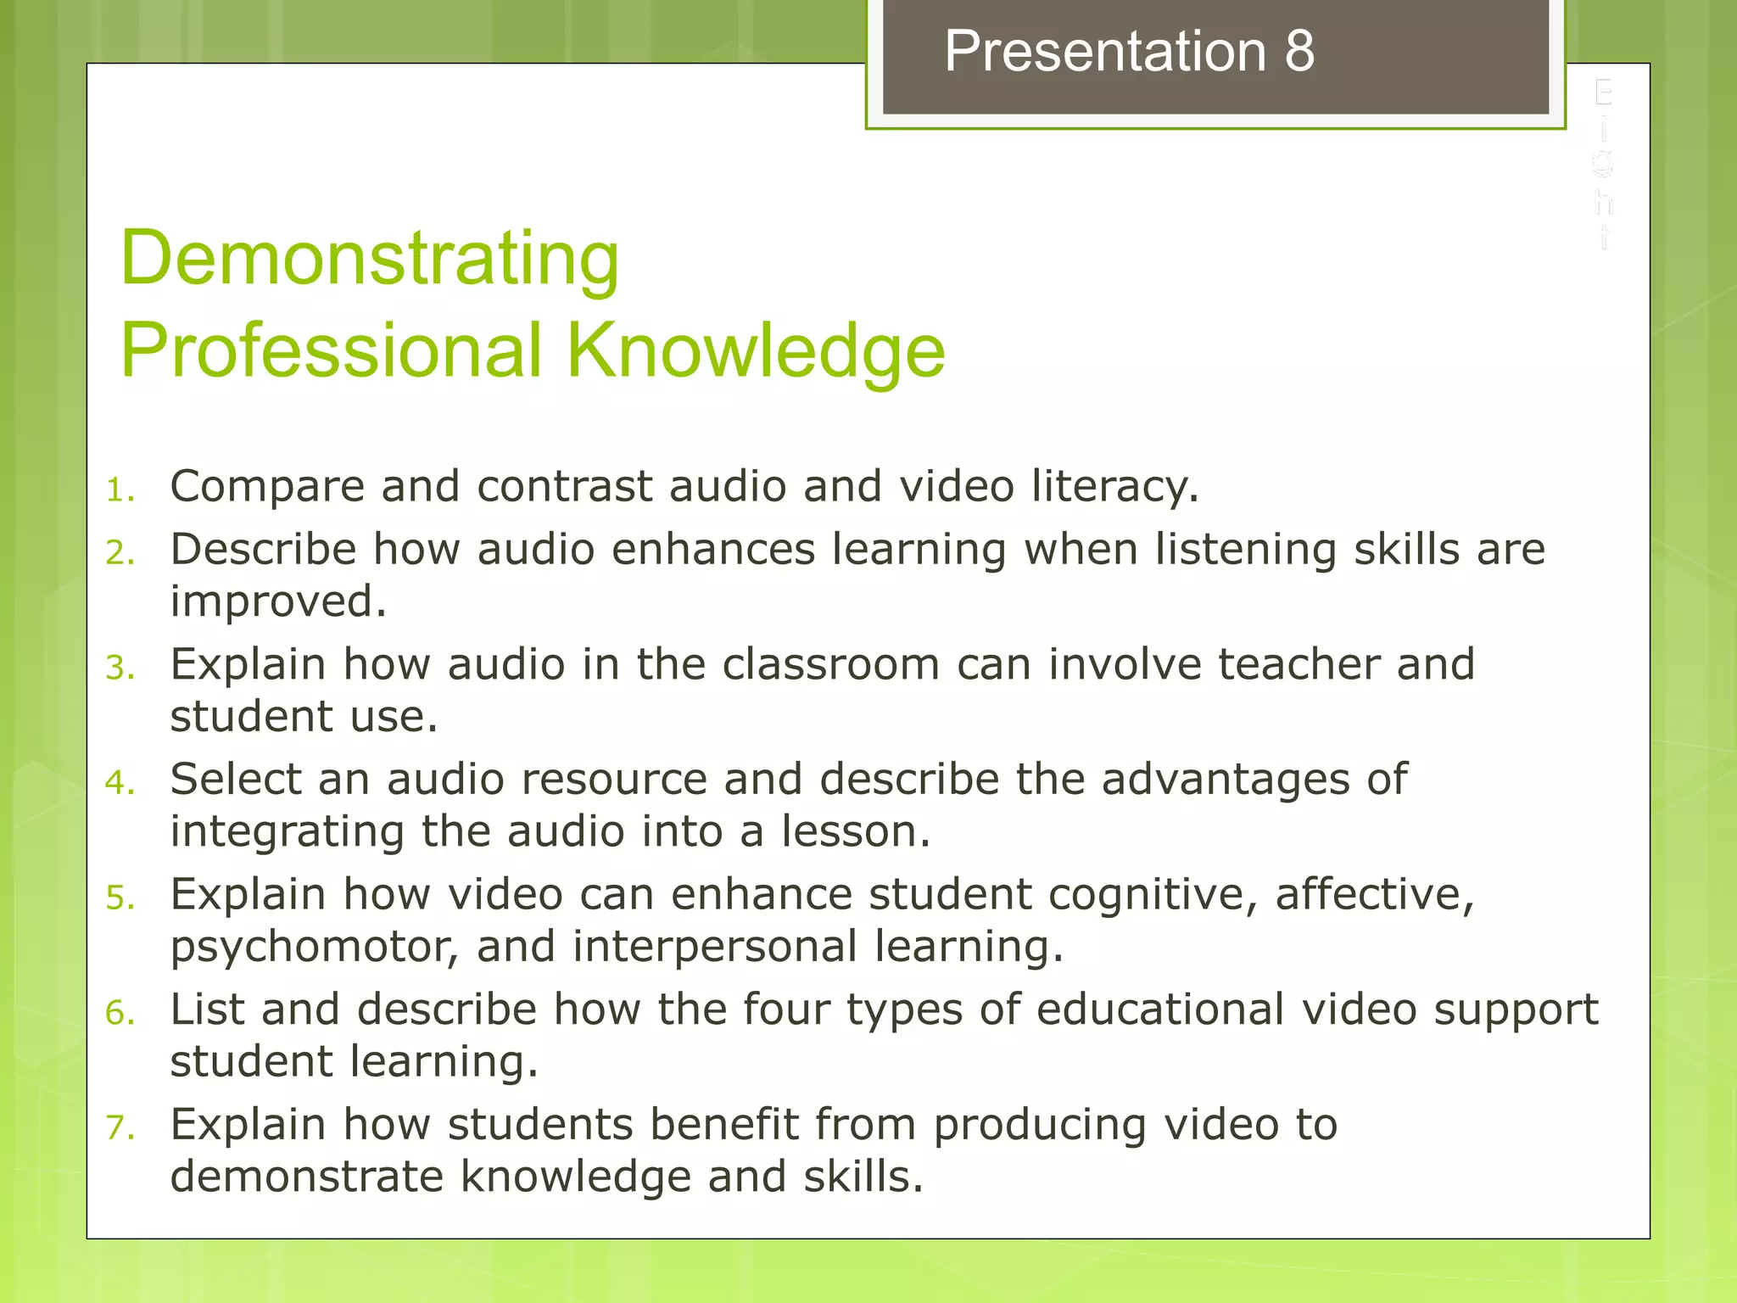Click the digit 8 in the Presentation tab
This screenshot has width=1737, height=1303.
click(x=1299, y=52)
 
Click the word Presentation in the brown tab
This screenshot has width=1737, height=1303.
click(x=1105, y=52)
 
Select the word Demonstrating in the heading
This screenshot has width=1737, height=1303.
click(x=370, y=258)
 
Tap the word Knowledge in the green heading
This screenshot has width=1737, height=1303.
click(x=756, y=350)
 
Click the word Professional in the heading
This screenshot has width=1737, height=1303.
click(x=331, y=350)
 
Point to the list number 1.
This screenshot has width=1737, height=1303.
click(x=120, y=490)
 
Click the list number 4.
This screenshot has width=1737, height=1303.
click(x=120, y=782)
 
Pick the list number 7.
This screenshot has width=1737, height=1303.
click(x=120, y=1127)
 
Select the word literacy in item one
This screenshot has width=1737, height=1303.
click(x=1114, y=487)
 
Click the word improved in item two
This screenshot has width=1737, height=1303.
click(x=278, y=602)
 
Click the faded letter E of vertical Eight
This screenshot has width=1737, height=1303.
click(x=1602, y=92)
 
